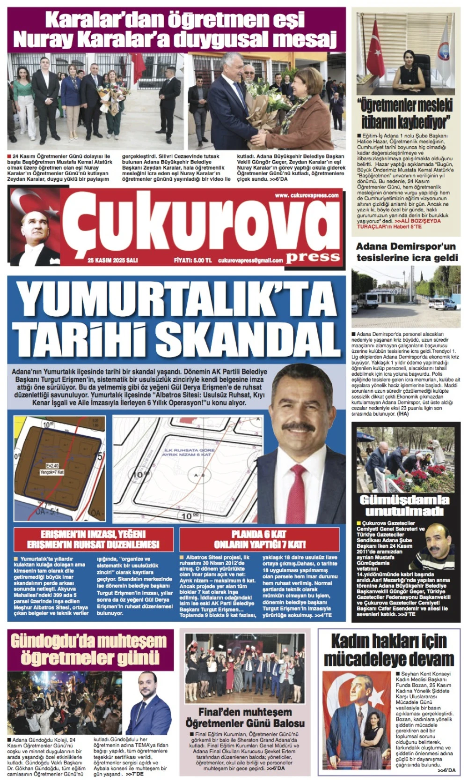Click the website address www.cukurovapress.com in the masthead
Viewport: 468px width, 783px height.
(307, 195)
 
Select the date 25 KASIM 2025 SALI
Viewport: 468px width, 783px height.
(113, 261)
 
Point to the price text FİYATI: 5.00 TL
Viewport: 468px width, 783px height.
(193, 261)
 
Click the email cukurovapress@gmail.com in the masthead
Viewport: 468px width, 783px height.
(250, 261)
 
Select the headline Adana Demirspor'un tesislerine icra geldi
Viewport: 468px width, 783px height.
(406, 252)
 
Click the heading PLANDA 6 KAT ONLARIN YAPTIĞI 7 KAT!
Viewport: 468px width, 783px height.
(259, 539)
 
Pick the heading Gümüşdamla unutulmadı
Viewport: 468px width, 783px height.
(404, 505)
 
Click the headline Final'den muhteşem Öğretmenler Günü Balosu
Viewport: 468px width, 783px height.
(245, 717)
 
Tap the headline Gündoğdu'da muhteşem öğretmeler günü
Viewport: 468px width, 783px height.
(88, 649)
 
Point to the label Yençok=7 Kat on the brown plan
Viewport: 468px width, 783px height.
(51, 472)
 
